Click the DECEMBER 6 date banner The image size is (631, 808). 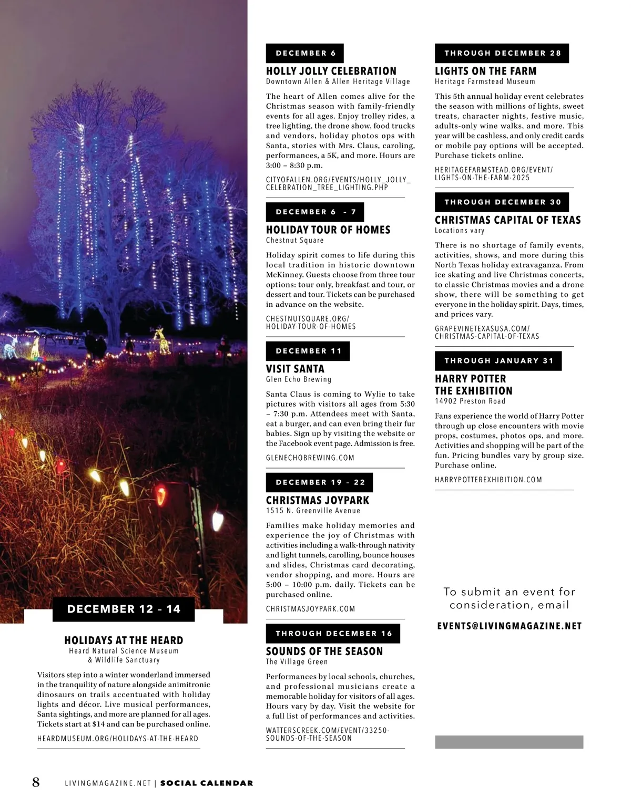305,53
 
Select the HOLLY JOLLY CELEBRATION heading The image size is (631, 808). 331,71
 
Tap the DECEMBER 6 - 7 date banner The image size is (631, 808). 315,212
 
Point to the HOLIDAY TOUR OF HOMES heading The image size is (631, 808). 328,230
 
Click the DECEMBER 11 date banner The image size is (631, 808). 308,351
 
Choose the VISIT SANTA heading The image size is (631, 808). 295,369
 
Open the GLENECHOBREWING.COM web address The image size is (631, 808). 310,458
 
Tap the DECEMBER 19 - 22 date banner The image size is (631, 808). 320,482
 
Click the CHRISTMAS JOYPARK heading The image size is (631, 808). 318,500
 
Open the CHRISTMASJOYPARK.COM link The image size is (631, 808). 311,609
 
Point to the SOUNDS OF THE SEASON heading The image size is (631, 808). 324,651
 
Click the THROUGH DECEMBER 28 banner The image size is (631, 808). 502,53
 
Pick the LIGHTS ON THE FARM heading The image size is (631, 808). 486,71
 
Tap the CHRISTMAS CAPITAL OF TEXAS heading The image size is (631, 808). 508,220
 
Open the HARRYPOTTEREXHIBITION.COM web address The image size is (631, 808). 488,480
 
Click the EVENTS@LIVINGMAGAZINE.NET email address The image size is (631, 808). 510,626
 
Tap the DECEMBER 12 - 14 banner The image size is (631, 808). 124,609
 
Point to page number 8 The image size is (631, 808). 36,782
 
